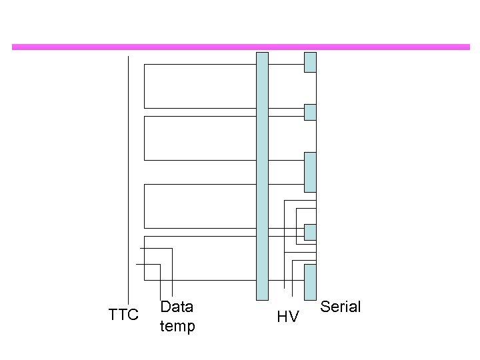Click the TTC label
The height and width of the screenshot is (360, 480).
pos(123,315)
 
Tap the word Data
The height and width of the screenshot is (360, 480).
pos(177,307)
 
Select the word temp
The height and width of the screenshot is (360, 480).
pos(177,327)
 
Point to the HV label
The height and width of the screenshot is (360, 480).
pos(287,317)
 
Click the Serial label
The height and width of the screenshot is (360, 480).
pos(340,307)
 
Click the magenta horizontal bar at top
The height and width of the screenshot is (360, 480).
pos(240,47)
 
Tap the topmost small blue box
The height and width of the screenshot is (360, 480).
pos(310,62)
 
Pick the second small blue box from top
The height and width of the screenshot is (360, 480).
pos(310,112)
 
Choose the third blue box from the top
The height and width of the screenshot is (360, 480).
pos(310,172)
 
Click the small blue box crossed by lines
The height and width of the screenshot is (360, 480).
pos(310,231)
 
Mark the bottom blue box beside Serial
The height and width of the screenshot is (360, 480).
pos(310,282)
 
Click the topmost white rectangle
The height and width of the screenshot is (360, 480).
pos(200,86)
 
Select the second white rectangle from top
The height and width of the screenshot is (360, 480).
pos(200,138)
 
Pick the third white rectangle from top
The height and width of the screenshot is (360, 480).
pos(200,205)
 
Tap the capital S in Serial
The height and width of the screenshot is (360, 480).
pos(325,307)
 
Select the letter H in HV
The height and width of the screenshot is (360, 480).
pos(282,317)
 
